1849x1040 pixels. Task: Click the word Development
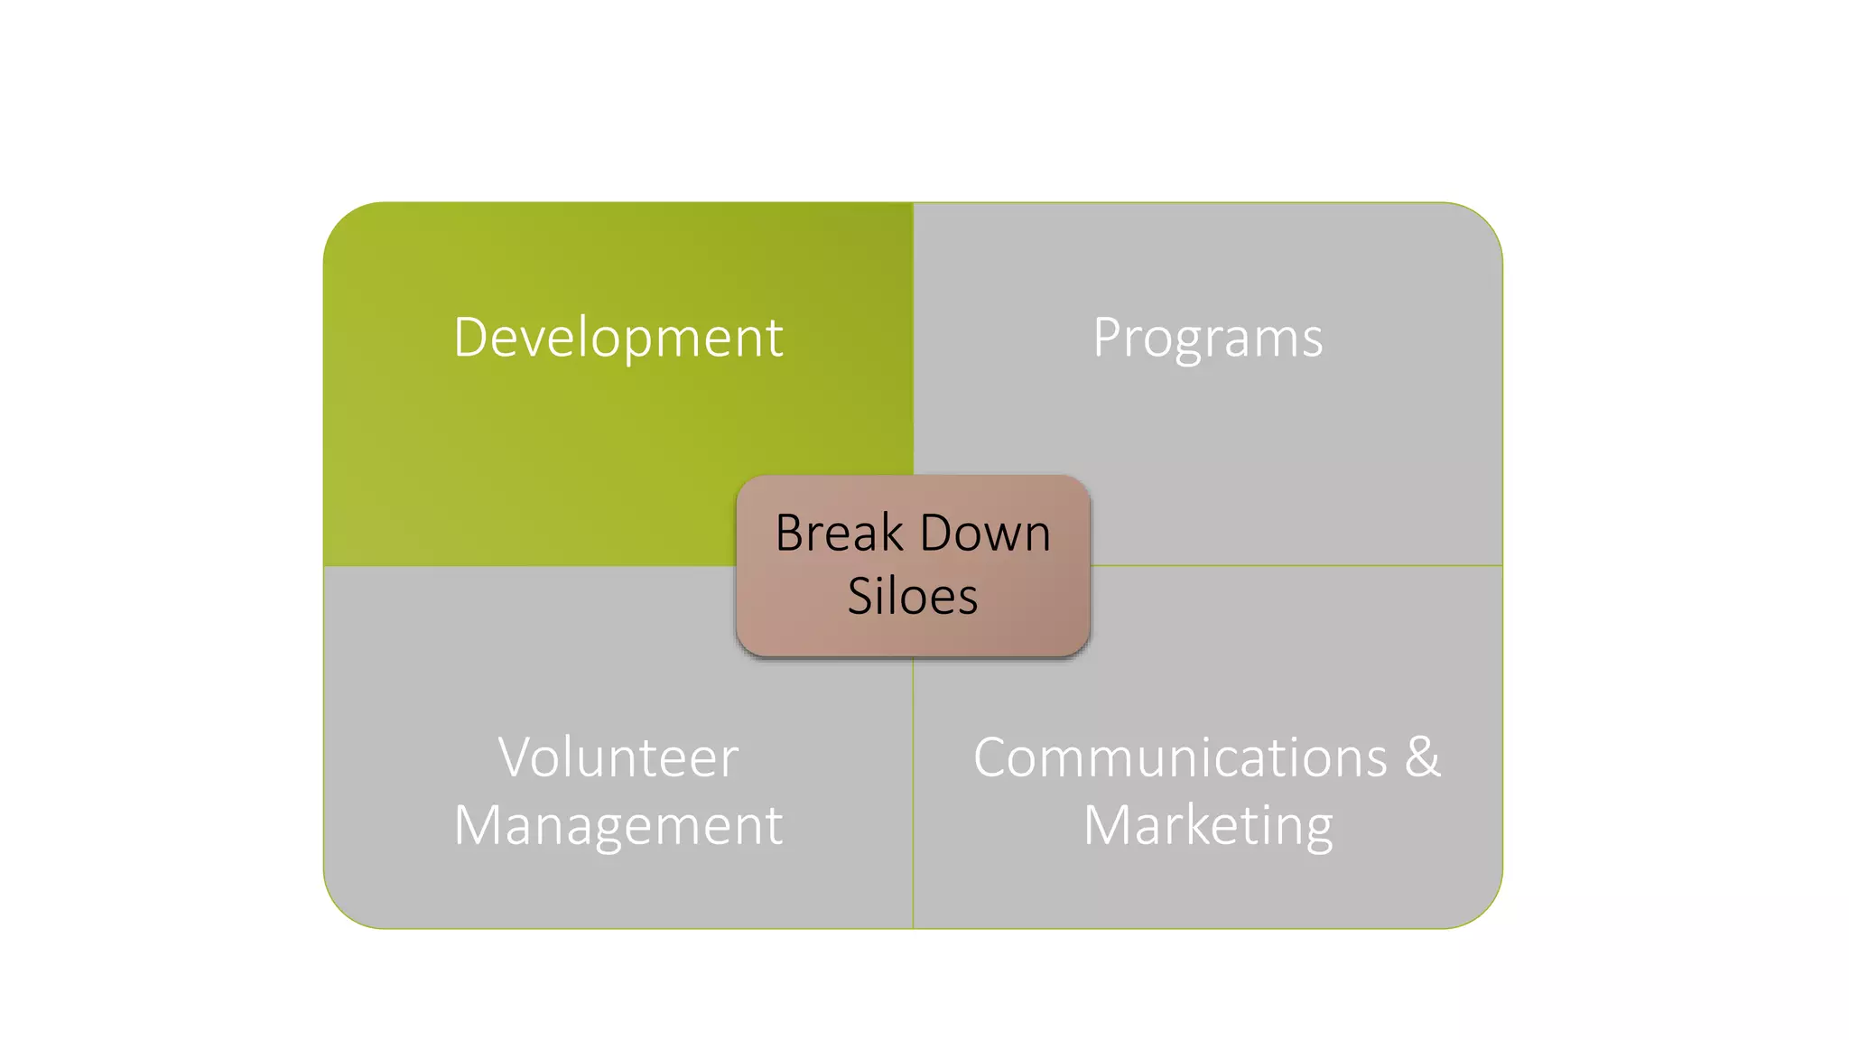[618, 338]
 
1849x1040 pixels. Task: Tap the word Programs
[1207, 338]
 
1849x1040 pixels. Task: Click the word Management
[618, 824]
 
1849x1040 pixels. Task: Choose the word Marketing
[1207, 824]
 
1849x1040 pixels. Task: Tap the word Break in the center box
[840, 533]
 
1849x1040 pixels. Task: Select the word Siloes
[913, 596]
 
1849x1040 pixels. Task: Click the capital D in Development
[471, 337]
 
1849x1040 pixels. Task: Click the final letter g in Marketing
[1318, 830]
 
